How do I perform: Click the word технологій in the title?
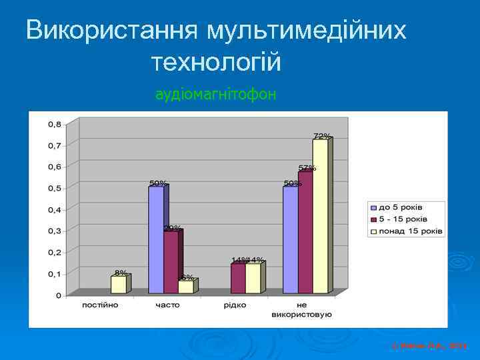pyautogui.click(x=217, y=63)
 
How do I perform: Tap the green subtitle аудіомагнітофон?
pyautogui.click(x=215, y=95)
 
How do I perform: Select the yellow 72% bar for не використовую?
pyautogui.click(x=320, y=217)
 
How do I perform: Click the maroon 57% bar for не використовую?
pyautogui.click(x=305, y=233)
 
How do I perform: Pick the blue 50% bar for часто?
pyautogui.click(x=155, y=240)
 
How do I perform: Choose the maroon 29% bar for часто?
pyautogui.click(x=171, y=262)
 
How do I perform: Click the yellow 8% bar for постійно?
pyautogui.click(x=118, y=285)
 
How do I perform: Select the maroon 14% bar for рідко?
pyautogui.click(x=237, y=278)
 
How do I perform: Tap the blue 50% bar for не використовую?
pyautogui.click(x=290, y=240)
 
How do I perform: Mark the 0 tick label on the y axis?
pyautogui.click(x=59, y=295)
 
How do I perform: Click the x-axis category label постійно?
pyautogui.click(x=100, y=305)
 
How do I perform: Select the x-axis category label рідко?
pyautogui.click(x=235, y=305)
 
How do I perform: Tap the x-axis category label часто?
pyautogui.click(x=167, y=305)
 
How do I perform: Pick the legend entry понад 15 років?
pyautogui.click(x=411, y=231)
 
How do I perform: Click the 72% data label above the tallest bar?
pyautogui.click(x=321, y=135)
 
